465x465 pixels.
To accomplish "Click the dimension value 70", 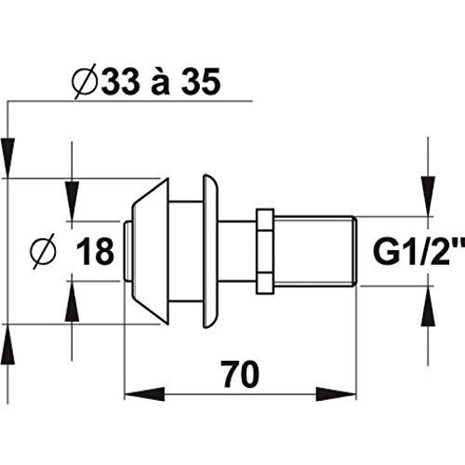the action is pyautogui.click(x=241, y=374).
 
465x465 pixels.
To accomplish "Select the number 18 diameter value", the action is pyautogui.click(x=95, y=251).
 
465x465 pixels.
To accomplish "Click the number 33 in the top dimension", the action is pyautogui.click(x=120, y=81).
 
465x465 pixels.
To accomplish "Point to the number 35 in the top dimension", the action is pyautogui.click(x=201, y=81).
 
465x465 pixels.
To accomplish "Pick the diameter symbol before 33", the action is pyautogui.click(x=85, y=82).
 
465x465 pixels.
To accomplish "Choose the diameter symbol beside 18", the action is pyautogui.click(x=44, y=251).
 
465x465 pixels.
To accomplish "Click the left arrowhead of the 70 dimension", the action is pyautogui.click(x=144, y=394).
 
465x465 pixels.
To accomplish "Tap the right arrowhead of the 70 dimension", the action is pyautogui.click(x=337, y=394).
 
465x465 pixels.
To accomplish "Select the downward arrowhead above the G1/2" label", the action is pyautogui.click(x=428, y=196).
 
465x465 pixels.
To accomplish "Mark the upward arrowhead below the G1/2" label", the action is pyautogui.click(x=428, y=306).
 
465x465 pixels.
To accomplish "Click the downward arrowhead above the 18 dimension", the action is pyautogui.click(x=72, y=201).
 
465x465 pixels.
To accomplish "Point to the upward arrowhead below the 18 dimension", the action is pyautogui.click(x=72, y=301).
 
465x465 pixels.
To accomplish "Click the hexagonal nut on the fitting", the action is pyautogui.click(x=265, y=251).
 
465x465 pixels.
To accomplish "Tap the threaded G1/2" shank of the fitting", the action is pyautogui.click(x=315, y=251).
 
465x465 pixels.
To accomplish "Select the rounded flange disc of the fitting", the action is pyautogui.click(x=210, y=251).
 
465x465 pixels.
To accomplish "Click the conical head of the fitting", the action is pyautogui.click(x=151, y=251).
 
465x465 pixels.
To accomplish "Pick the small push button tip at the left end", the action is pyautogui.click(x=127, y=251).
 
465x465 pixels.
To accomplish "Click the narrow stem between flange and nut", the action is pyautogui.click(x=237, y=251).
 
